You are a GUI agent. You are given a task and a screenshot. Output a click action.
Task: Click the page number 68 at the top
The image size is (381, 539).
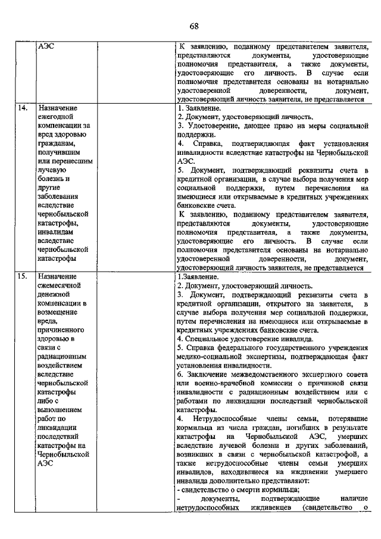[193, 26]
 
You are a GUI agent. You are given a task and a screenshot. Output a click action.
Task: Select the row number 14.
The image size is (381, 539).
[22, 108]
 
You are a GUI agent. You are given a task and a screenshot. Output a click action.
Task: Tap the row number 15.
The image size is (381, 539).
[22, 277]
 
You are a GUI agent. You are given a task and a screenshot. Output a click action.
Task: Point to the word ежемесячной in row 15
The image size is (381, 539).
[60, 286]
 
